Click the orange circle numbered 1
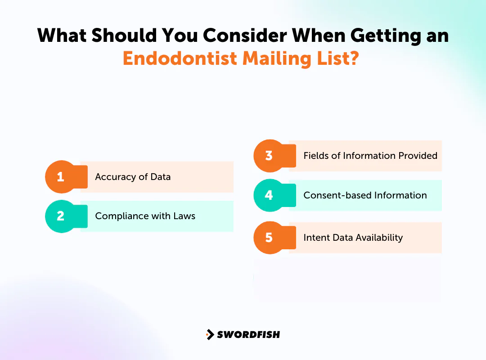60,177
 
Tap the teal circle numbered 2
60,216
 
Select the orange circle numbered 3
269,156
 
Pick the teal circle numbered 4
269,195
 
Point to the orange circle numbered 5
269,237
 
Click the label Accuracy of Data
133,177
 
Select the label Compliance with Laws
145,216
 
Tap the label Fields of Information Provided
370,156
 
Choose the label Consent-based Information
365,195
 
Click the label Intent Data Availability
353,237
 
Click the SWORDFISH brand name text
248,334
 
